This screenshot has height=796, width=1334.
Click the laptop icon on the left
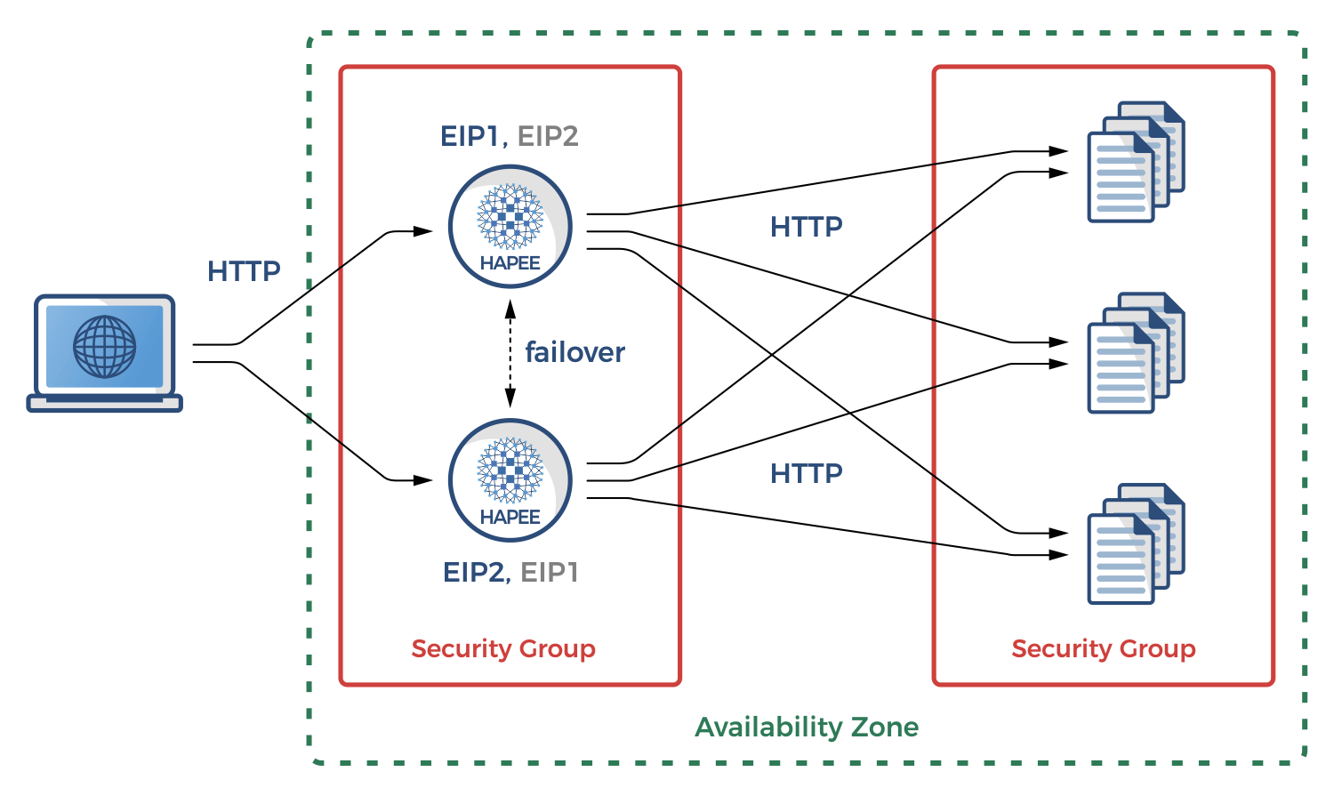tap(104, 353)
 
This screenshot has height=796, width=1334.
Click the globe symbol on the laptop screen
tap(104, 346)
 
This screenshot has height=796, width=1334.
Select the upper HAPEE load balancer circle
tap(510, 226)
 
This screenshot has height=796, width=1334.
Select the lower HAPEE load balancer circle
tap(510, 480)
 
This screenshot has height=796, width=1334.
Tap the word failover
tap(575, 352)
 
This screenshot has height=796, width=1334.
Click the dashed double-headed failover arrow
tap(510, 353)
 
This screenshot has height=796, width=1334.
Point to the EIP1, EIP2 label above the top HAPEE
tap(510, 136)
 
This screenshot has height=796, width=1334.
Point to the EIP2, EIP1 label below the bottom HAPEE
tap(510, 572)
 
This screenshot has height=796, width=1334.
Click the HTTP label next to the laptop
tap(244, 271)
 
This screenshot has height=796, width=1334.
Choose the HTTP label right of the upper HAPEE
tap(806, 227)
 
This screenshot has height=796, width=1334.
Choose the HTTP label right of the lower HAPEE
tap(806, 473)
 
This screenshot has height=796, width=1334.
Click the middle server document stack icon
tap(1136, 353)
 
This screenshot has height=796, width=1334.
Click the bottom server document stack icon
tap(1136, 544)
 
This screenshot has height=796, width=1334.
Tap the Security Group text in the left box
tap(503, 648)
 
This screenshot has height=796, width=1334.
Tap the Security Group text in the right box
tap(1103, 648)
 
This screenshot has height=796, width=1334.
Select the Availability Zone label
tap(807, 727)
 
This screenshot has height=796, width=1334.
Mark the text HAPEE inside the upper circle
tap(510, 263)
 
